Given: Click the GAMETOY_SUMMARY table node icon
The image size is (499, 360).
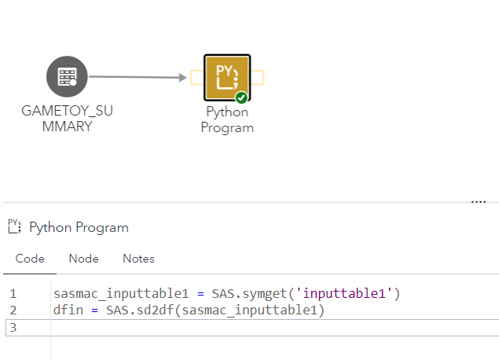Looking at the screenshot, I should (68, 77).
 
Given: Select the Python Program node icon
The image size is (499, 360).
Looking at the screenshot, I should (226, 77).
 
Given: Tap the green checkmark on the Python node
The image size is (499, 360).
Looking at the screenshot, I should (242, 97).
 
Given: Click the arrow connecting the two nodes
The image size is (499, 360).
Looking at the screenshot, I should (138, 77).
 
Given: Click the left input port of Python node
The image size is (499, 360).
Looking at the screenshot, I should (195, 77).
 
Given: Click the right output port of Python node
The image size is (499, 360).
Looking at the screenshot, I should (258, 77).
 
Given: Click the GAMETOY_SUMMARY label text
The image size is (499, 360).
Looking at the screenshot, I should (68, 119).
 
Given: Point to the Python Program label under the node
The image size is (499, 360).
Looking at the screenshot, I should (227, 119).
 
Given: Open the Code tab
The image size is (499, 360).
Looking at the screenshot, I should (30, 259).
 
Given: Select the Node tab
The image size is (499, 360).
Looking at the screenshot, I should (83, 259).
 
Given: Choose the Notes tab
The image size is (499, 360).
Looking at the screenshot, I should (138, 259).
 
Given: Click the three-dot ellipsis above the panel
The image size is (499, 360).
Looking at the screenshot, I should (478, 202).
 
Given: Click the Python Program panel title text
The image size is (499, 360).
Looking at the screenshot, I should (79, 228).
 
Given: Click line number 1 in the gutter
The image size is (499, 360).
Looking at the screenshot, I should (13, 294).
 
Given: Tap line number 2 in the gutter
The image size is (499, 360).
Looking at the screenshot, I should (13, 310).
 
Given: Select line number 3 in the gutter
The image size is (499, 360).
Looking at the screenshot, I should (13, 327).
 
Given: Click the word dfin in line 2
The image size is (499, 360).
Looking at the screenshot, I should (67, 310).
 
